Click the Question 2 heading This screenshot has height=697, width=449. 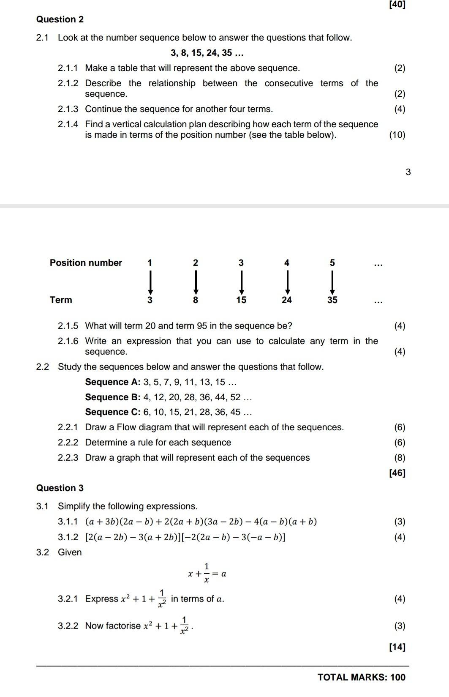pyautogui.click(x=60, y=19)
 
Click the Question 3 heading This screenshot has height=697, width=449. pyautogui.click(x=60, y=488)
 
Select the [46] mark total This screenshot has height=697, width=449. pyautogui.click(x=397, y=473)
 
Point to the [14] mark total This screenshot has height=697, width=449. pyautogui.click(x=397, y=647)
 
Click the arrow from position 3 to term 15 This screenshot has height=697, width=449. pyautogui.click(x=241, y=282)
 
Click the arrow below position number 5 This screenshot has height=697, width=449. pyautogui.click(x=332, y=282)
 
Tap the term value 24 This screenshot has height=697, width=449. pyautogui.click(x=287, y=300)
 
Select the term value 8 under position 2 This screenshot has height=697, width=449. pyautogui.click(x=196, y=300)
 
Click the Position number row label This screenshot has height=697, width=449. pyautogui.click(x=86, y=262)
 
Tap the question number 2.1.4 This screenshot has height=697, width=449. pyautogui.click(x=68, y=124)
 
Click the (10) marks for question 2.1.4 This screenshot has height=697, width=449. pyautogui.click(x=397, y=135)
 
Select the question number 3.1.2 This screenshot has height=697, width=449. pyautogui.click(x=68, y=537)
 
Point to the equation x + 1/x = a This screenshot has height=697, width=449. pyautogui.click(x=207, y=574)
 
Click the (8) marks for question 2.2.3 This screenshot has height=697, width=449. pyautogui.click(x=399, y=458)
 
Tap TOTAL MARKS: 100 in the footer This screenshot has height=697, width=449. pyautogui.click(x=361, y=677)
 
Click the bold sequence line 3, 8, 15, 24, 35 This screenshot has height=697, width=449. pyautogui.click(x=207, y=53)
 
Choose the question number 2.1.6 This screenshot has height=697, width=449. pyautogui.click(x=68, y=341)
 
